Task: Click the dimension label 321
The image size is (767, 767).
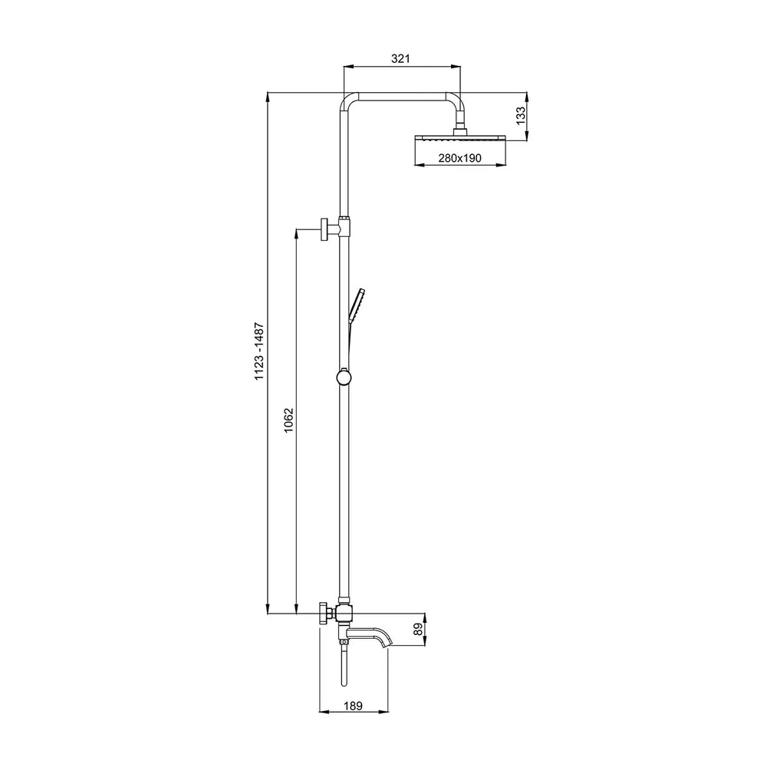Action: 400,59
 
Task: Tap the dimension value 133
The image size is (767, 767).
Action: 521,116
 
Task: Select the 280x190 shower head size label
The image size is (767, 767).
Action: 459,158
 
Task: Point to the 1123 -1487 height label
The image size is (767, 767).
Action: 258,351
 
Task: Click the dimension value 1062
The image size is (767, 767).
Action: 288,420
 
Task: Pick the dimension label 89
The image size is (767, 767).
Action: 418,629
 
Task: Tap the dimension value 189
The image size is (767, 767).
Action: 353,706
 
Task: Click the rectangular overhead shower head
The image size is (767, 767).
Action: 459,138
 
